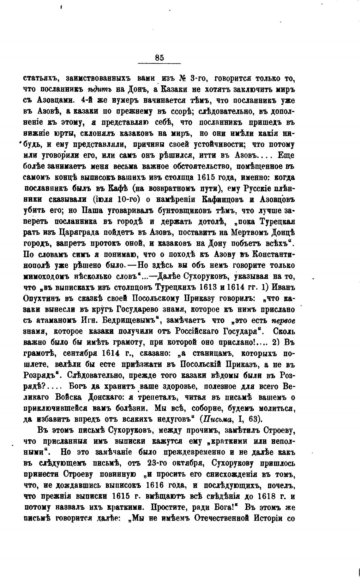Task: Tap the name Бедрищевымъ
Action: pyautogui.click(x=130, y=320)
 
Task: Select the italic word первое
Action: pyautogui.click(x=283, y=320)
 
